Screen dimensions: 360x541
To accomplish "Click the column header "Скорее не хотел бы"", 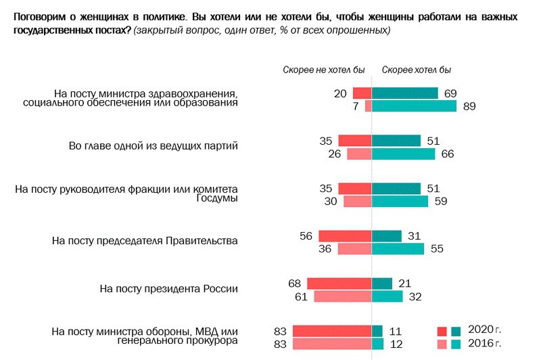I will click(x=323, y=69).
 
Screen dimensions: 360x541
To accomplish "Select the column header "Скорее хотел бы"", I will click(x=416, y=69).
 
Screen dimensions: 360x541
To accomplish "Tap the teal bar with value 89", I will click(x=415, y=106).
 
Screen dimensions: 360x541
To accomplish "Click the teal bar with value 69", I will click(x=405, y=93).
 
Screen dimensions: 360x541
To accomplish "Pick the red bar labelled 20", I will click(x=362, y=93).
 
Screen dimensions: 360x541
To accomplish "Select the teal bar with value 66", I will click(x=404, y=154).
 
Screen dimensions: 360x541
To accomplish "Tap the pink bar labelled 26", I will click(x=359, y=154).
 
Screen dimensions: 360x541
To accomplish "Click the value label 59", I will click(x=441, y=201).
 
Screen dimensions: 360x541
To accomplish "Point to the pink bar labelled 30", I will click(x=357, y=201).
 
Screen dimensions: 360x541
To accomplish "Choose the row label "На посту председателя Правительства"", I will click(x=145, y=240).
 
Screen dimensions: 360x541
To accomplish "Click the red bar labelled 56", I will click(x=345, y=235).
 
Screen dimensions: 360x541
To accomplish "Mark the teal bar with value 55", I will click(x=398, y=248).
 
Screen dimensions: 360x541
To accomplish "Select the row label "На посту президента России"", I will click(x=168, y=288).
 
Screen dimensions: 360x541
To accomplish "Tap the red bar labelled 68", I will click(x=339, y=283).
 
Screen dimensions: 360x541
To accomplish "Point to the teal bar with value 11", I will click(x=377, y=331).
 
